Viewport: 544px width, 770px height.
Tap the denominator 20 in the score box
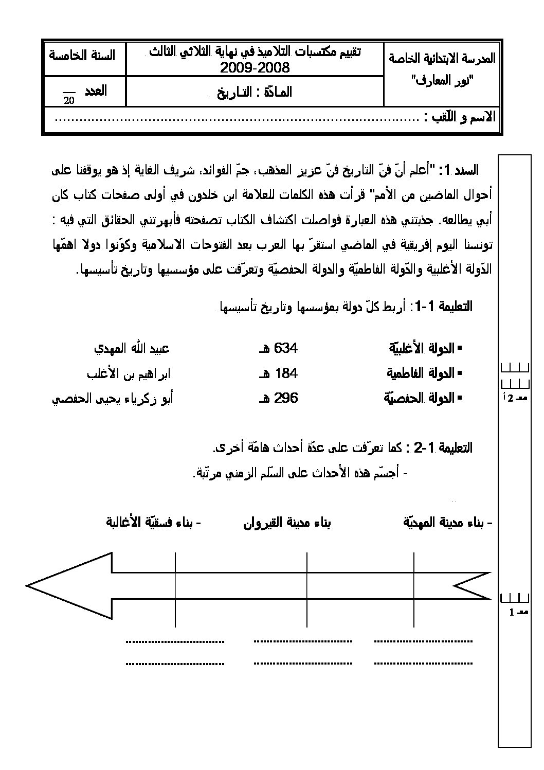click(x=69, y=100)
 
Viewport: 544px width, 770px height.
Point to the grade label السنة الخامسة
click(x=82, y=55)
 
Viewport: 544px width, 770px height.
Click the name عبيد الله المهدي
click(x=131, y=348)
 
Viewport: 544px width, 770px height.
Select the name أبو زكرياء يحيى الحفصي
click(x=113, y=398)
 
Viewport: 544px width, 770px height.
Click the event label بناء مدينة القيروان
click(x=287, y=523)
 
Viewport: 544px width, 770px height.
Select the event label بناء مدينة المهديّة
click(x=448, y=523)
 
